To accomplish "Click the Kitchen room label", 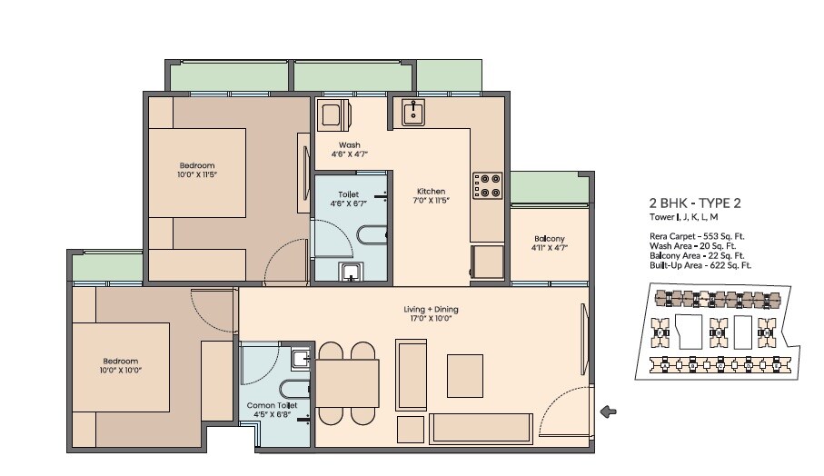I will tap(431, 192).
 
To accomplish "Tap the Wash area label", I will tap(350, 145).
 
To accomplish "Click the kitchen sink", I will tap(412, 114).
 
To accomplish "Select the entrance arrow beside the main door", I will tap(609, 412).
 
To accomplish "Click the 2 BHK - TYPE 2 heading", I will tap(694, 203).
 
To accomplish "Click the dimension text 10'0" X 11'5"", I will tap(198, 174).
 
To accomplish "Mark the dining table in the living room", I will tap(347, 383).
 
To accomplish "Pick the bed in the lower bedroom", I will tap(122, 367).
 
